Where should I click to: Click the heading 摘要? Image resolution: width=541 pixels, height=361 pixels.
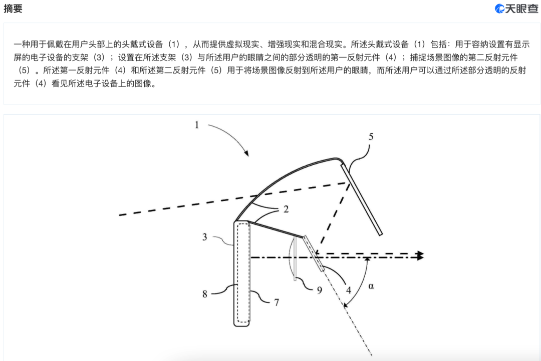click(x=13, y=9)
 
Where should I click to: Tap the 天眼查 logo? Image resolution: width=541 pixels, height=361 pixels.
click(x=516, y=8)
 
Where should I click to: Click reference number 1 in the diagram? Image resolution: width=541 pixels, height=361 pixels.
click(x=197, y=125)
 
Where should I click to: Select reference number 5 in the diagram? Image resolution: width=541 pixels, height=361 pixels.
click(x=371, y=136)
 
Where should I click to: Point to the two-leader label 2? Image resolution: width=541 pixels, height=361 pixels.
click(x=286, y=209)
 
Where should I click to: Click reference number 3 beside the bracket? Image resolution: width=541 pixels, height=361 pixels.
click(x=205, y=236)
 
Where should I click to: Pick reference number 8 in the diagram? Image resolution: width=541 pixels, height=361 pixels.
click(x=205, y=294)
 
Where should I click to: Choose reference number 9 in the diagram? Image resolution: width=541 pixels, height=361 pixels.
click(x=320, y=289)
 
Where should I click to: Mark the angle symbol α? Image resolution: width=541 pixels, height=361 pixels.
click(x=371, y=286)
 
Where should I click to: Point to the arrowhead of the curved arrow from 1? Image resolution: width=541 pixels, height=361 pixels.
click(x=247, y=154)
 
